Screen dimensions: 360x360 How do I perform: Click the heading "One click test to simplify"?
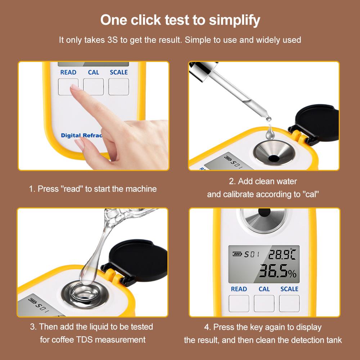[x=180, y=20]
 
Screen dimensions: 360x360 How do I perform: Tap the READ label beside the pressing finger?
[x=68, y=72]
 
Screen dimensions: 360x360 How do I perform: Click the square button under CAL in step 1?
[x=94, y=87]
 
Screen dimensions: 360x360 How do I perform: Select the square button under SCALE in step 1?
[x=119, y=87]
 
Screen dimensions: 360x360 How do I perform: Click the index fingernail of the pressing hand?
[x=75, y=87]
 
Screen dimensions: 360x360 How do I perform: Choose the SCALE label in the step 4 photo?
[x=289, y=289]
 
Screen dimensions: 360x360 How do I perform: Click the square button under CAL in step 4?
[x=264, y=303]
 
